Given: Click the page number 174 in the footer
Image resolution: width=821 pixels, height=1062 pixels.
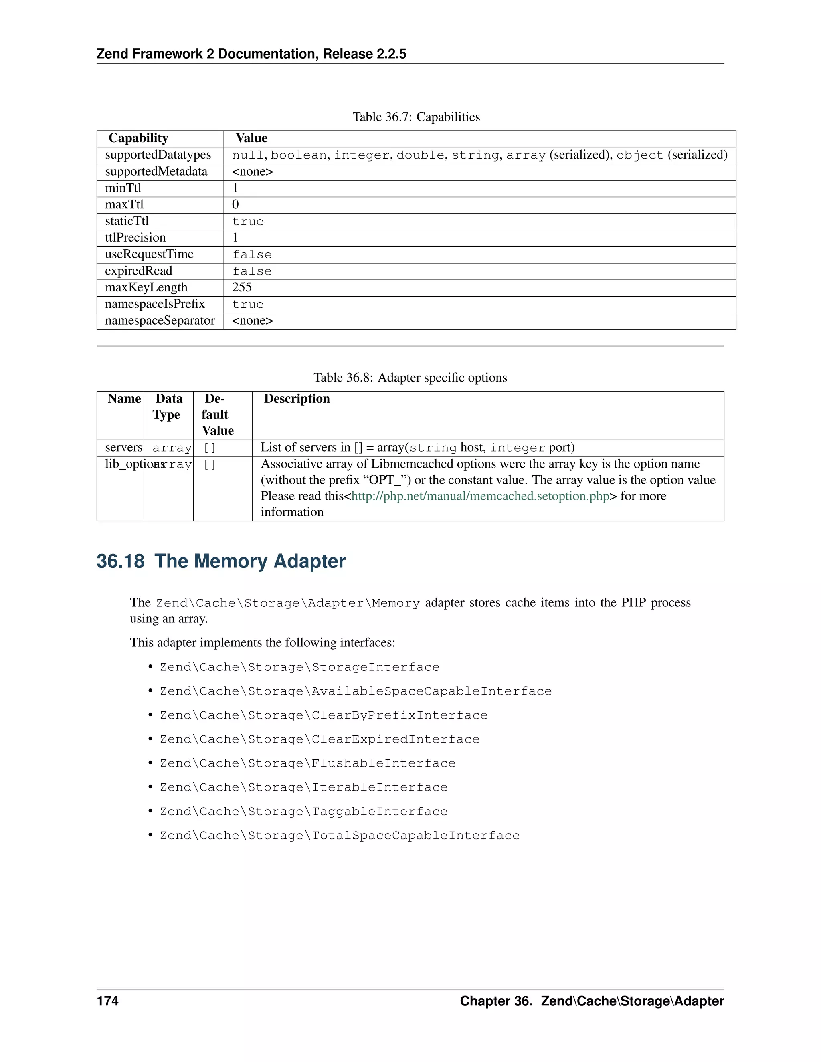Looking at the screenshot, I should [x=107, y=1001].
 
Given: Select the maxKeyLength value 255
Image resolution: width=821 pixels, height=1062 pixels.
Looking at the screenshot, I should [x=242, y=287].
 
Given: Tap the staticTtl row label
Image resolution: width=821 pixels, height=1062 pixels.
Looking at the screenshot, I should [x=127, y=221].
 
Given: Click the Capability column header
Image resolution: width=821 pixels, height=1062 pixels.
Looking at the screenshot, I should [x=138, y=138].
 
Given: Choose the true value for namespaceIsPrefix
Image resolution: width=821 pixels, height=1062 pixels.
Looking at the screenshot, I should [x=248, y=305].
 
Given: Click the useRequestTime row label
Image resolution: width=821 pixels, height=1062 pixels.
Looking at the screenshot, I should [x=149, y=254].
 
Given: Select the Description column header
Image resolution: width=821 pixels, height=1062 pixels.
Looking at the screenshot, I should [x=297, y=399].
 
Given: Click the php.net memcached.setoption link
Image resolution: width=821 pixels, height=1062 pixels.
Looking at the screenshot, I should [x=480, y=496].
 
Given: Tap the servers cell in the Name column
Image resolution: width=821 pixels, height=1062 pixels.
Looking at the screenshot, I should [x=123, y=447].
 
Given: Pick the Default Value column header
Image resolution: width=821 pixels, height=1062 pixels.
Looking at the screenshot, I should [x=217, y=414].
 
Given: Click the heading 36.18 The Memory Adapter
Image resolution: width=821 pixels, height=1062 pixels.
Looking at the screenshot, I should [x=221, y=561].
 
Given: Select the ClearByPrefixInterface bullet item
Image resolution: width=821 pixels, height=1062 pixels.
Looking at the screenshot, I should [x=324, y=715].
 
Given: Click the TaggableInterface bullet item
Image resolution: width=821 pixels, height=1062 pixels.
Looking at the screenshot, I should [x=303, y=811].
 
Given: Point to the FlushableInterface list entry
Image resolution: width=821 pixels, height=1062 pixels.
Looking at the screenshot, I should [x=307, y=763].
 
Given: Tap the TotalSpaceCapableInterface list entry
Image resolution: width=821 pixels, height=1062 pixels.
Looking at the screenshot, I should [x=340, y=836].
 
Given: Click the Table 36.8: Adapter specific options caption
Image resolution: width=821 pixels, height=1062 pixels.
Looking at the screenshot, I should [x=410, y=378].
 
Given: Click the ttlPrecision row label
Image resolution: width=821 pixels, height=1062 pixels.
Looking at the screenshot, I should [x=135, y=238].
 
